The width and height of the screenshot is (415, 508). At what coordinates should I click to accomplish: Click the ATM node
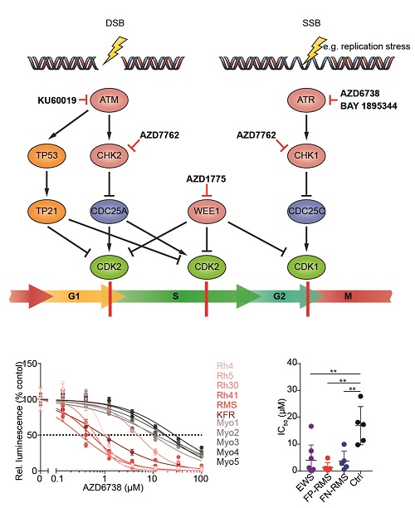[110, 100]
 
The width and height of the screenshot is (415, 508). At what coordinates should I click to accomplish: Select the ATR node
[306, 100]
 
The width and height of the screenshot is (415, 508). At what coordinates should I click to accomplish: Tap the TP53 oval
[47, 155]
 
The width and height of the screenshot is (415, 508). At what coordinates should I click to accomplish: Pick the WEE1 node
[207, 211]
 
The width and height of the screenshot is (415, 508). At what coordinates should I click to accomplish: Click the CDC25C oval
[306, 211]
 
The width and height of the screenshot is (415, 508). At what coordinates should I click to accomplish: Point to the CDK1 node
[306, 267]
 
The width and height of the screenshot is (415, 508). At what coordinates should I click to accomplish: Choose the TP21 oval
[47, 211]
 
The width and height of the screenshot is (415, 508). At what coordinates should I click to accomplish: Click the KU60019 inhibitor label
[57, 100]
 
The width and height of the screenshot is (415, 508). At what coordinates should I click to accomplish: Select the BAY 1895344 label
[369, 106]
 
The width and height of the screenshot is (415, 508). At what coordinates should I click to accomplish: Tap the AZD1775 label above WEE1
[206, 178]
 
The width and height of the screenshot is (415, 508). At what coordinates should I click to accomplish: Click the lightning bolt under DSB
[115, 50]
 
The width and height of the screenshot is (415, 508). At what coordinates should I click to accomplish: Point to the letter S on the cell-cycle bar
[176, 296]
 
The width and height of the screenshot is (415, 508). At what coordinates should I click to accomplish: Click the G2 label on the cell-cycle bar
[279, 296]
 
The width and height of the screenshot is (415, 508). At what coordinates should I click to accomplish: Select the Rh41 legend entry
[227, 395]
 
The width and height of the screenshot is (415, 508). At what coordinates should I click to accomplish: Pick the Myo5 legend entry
[227, 462]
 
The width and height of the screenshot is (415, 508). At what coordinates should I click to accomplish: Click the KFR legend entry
[226, 414]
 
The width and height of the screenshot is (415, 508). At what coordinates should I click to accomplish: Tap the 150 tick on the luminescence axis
[30, 364]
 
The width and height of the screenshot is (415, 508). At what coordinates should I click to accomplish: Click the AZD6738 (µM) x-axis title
[113, 487]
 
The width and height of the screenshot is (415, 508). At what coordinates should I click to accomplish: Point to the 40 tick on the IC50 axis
[291, 363]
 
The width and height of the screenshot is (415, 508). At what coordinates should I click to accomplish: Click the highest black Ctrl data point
[361, 396]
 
